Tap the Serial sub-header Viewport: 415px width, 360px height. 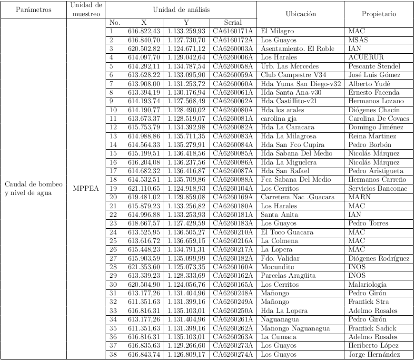pos(233,22)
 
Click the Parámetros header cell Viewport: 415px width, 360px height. pos(33,10)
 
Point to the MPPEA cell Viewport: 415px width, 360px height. pos(86,188)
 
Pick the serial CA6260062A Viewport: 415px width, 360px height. pos(233,101)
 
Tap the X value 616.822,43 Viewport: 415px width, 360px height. pos(144,31)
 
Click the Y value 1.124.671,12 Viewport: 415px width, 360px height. pos(186,49)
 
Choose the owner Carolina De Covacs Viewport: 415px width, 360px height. pos(378,118)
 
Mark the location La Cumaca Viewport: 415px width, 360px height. pos(278,337)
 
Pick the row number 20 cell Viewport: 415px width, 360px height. pos(113,197)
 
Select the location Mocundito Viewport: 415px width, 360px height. pos(277,267)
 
